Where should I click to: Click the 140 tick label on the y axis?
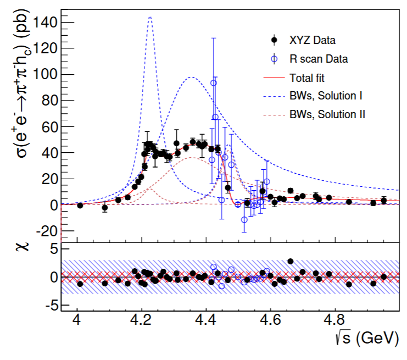point(44,22)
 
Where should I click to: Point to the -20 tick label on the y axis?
point(44,231)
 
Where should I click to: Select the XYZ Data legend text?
point(313,40)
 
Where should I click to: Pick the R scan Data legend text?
point(319,58)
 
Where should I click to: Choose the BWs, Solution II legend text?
point(327,114)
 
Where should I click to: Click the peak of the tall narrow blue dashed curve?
point(149,17)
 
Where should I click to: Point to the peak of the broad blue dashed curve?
point(191,77)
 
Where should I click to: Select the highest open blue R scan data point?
point(214,83)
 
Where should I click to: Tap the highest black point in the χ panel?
point(291,261)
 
